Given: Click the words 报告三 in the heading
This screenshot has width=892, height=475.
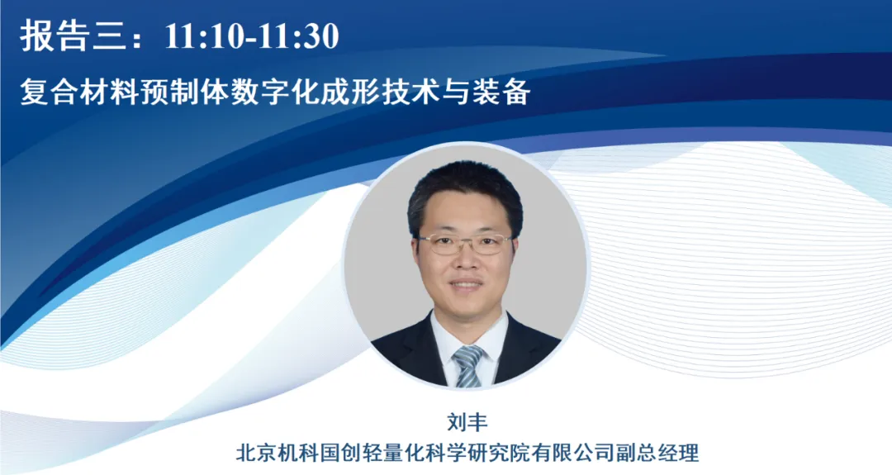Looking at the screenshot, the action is (x=73, y=36).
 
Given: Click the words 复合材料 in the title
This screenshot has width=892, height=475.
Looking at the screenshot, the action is (x=79, y=93).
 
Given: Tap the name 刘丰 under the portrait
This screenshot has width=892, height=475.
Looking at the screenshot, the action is (x=467, y=423).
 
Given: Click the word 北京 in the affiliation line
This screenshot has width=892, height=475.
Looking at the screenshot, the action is (x=255, y=453).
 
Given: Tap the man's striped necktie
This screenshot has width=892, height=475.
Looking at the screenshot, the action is (x=467, y=366).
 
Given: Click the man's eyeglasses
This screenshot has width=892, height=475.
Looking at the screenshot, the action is (x=466, y=244).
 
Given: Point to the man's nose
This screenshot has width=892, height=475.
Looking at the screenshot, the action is (x=465, y=259).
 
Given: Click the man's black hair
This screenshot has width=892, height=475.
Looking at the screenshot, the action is (x=464, y=191).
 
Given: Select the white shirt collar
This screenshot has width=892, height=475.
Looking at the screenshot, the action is (x=468, y=340).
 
